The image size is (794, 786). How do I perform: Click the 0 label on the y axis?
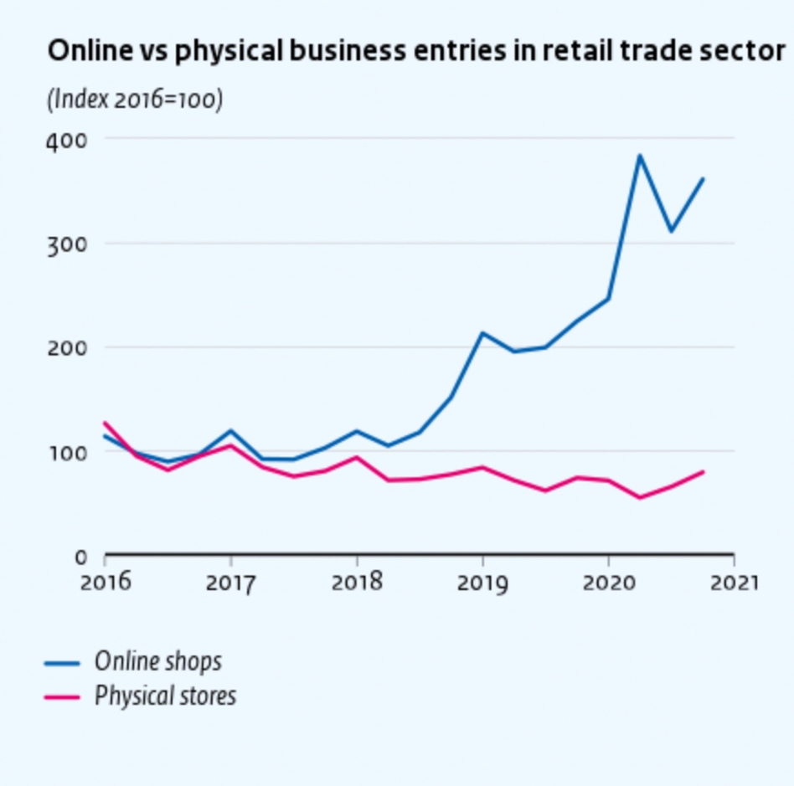pos(80,557)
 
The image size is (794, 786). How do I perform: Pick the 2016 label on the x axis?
pos(106,582)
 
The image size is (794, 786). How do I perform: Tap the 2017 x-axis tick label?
pos(231,582)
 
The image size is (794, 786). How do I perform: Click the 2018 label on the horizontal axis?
pos(357,582)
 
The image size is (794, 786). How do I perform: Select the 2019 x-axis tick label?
pos(482,582)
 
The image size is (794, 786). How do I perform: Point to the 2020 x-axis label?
pos(608,582)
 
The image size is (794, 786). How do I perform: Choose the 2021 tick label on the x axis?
pos(733,582)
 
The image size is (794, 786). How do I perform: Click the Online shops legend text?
pos(158,661)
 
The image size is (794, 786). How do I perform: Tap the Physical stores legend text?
pos(165,696)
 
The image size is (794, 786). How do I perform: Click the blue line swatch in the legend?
pos(61,664)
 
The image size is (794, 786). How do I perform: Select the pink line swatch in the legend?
pos(61,697)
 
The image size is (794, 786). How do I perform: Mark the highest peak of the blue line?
pos(639,155)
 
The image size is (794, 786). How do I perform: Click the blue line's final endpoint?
pos(703,178)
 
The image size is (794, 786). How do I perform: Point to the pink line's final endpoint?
pos(703,472)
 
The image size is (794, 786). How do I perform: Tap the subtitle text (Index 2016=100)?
pos(135,100)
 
